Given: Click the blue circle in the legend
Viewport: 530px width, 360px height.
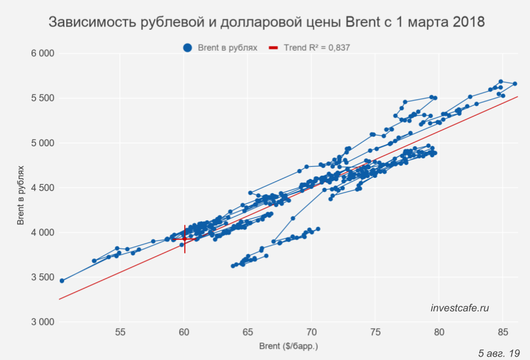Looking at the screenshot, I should (x=188, y=48).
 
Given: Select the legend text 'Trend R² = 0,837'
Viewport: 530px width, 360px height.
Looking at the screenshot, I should (x=317, y=48).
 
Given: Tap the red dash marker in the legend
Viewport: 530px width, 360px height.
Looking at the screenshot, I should (x=273, y=48).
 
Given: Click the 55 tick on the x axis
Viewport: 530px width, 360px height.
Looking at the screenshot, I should (x=120, y=333).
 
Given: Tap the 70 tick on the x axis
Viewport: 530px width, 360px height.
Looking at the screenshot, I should (x=311, y=333).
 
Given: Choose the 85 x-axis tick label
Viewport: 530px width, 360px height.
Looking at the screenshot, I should (x=502, y=333).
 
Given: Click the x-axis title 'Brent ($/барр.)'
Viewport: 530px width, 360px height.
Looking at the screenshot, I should (x=288, y=347).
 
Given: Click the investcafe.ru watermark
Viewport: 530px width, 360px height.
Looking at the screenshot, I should (x=460, y=308).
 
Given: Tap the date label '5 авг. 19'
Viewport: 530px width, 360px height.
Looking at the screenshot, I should (x=499, y=352).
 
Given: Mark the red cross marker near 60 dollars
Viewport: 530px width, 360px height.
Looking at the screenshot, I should (x=185, y=239).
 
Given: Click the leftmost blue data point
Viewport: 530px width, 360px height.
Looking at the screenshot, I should (x=62, y=280).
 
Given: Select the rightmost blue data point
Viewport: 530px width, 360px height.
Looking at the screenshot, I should (x=515, y=84).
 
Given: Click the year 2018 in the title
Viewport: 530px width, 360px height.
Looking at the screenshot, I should (x=468, y=23).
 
